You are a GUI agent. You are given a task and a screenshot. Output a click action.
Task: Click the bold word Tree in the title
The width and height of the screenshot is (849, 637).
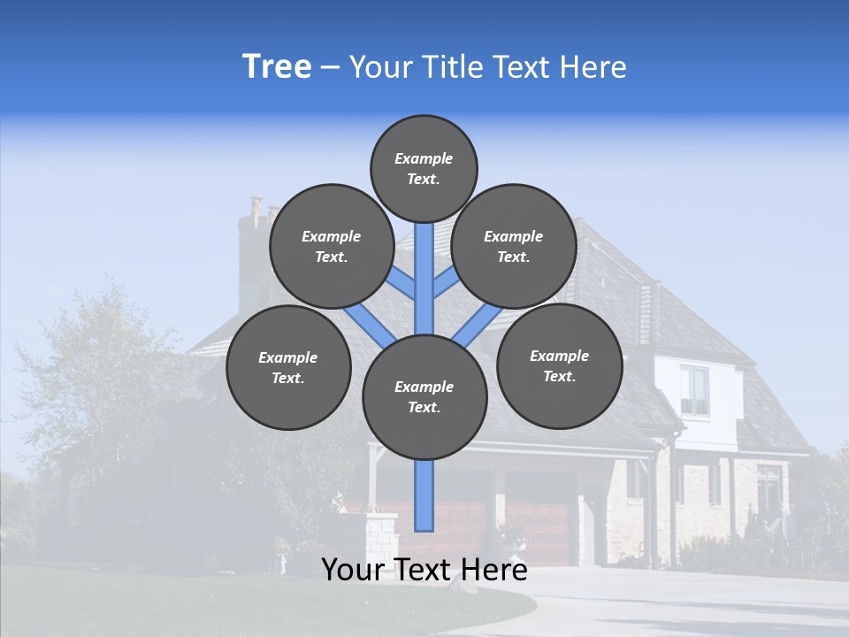(277, 67)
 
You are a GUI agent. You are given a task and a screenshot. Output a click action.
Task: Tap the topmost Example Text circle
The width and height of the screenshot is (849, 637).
(424, 168)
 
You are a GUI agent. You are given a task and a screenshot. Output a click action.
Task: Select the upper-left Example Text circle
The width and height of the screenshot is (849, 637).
(332, 246)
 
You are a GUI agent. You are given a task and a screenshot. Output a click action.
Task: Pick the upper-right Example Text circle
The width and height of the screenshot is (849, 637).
(514, 246)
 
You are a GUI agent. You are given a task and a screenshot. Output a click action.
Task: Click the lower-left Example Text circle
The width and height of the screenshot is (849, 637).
(288, 367)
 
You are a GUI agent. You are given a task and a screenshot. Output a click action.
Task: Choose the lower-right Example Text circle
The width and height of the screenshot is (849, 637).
(560, 365)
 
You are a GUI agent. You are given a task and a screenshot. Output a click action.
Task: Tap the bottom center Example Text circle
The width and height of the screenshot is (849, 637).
(424, 396)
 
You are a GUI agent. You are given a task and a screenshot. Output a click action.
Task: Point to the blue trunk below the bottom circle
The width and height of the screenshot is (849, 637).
(424, 495)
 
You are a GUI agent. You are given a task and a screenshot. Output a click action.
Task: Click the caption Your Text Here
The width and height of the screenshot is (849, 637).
(424, 570)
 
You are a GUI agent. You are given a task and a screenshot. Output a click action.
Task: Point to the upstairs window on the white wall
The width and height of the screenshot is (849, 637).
(694, 389)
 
